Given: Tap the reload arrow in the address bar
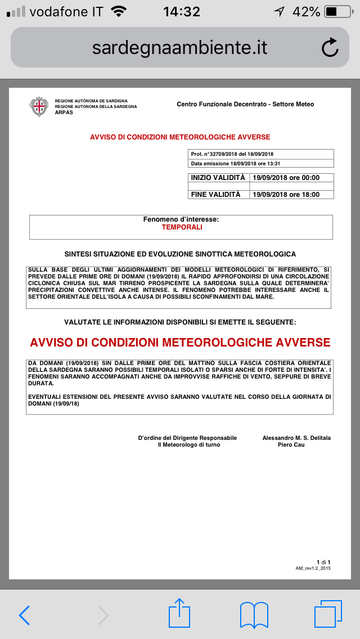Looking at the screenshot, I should point(330,48).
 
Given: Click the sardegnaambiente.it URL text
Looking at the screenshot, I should point(179,48).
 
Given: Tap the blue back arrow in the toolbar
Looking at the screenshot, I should point(25,615).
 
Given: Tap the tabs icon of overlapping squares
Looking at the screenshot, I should point(328,614).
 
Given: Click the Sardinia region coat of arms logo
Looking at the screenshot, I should point(39,106).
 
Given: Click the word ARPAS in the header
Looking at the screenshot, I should point(64,112).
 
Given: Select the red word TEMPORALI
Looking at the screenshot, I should point(182,227).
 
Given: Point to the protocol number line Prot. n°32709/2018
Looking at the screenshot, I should point(232,154).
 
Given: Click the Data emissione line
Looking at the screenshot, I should point(236,164).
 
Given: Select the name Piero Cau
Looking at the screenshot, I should point(291,445).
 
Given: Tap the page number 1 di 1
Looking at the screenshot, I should point(323,562).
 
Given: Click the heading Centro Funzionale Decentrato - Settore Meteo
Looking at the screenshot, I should point(245,104).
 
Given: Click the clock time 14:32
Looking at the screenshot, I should point(181,11).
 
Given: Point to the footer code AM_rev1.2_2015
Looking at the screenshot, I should point(313,569).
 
